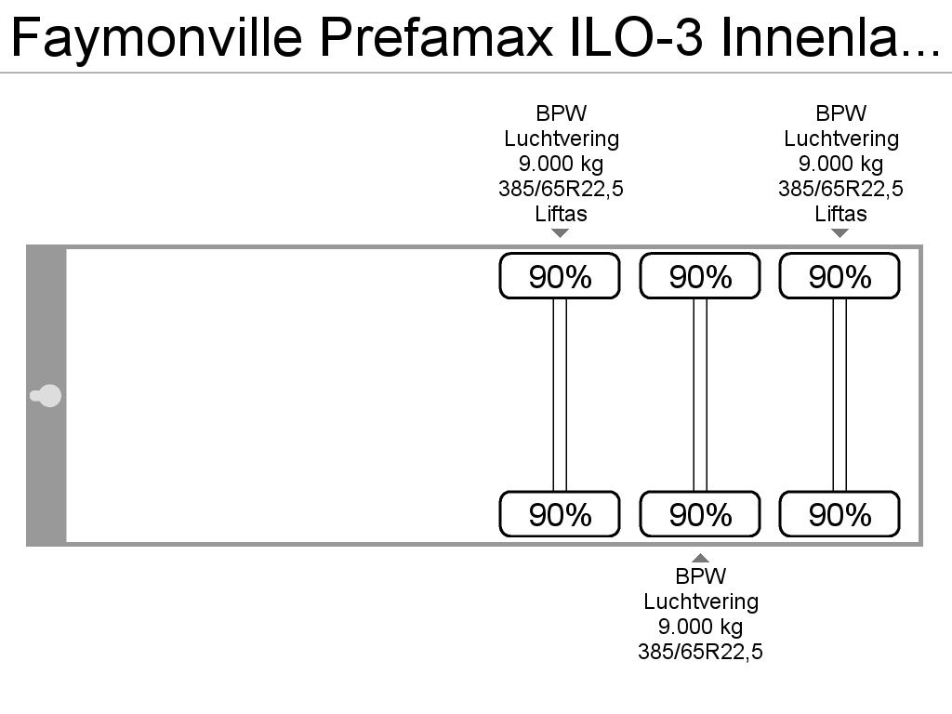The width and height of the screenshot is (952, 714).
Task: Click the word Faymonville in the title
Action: tap(156, 37)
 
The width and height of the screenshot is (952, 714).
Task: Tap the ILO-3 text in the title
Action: tap(637, 36)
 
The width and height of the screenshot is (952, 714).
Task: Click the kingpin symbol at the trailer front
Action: tap(46, 396)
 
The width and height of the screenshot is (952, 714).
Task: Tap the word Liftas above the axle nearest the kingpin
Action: tap(561, 214)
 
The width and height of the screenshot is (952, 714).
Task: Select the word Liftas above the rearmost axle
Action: tap(840, 214)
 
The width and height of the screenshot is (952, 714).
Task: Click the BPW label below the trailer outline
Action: tap(701, 575)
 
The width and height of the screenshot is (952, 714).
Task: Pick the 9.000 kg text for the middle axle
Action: tap(701, 627)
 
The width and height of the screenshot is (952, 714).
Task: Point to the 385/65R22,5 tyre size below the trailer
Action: tap(700, 652)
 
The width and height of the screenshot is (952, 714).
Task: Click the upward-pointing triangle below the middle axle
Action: tap(700, 558)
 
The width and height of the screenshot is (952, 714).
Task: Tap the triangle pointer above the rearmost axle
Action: tap(840, 233)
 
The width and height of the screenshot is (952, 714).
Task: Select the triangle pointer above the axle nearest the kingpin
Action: tap(560, 233)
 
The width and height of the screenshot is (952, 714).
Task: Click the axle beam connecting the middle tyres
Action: tap(700, 394)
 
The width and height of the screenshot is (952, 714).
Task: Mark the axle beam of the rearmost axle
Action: tap(840, 394)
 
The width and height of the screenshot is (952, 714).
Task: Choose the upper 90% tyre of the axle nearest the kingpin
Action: tap(560, 276)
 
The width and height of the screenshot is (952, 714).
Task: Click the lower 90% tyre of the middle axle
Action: tap(700, 514)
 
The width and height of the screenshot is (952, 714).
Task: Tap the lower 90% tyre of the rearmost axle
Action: tap(840, 514)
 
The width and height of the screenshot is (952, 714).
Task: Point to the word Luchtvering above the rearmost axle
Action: tap(840, 139)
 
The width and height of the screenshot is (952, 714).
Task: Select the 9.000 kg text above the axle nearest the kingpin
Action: tap(561, 164)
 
